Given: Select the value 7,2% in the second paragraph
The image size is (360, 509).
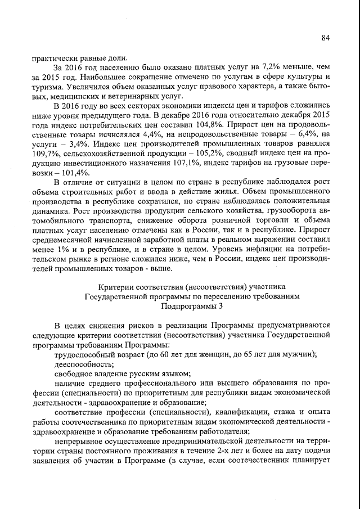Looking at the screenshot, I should pyautogui.click(x=249, y=67).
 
